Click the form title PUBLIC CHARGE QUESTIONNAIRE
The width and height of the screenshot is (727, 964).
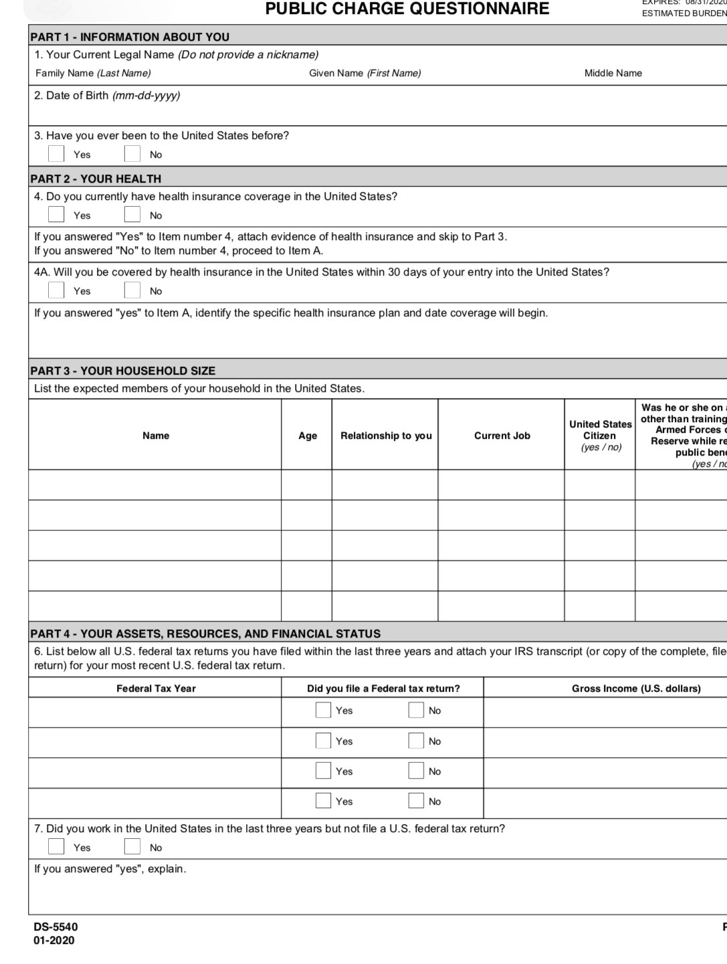coord(407,9)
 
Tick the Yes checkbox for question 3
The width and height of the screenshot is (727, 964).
coord(56,154)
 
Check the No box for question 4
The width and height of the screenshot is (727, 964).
coord(132,215)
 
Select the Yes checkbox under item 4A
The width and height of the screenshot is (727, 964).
coord(56,290)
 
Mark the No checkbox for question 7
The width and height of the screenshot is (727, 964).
coord(132,847)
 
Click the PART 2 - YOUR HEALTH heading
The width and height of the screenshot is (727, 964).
coord(96,179)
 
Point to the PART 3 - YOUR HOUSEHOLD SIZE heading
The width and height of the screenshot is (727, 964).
coord(123,371)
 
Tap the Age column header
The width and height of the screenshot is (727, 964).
coord(308,436)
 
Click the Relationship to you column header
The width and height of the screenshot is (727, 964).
coord(386,436)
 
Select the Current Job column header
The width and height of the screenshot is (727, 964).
coord(502,436)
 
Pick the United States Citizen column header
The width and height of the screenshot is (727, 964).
coord(600,435)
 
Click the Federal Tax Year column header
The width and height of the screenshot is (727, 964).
coord(156,688)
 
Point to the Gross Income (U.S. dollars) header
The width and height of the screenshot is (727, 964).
coord(636,688)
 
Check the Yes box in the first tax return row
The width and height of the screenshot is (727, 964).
coord(323,710)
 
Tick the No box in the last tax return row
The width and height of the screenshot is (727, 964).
coord(416,801)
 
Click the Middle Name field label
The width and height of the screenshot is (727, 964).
coord(613,73)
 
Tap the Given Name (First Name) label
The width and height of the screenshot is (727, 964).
coord(365,73)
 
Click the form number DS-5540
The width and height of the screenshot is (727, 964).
coord(56,927)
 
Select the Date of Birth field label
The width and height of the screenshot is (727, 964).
coord(107,95)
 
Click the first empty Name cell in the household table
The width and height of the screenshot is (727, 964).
coord(155,484)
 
